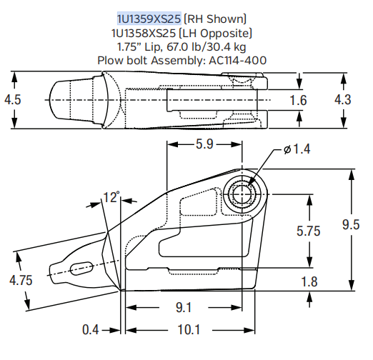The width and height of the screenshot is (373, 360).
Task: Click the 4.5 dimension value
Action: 12,100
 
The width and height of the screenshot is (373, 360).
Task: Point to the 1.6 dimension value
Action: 299,100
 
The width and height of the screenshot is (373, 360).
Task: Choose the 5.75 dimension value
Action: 309,231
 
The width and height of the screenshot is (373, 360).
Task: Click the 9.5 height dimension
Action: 350,225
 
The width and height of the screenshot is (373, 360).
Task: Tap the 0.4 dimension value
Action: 90,330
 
